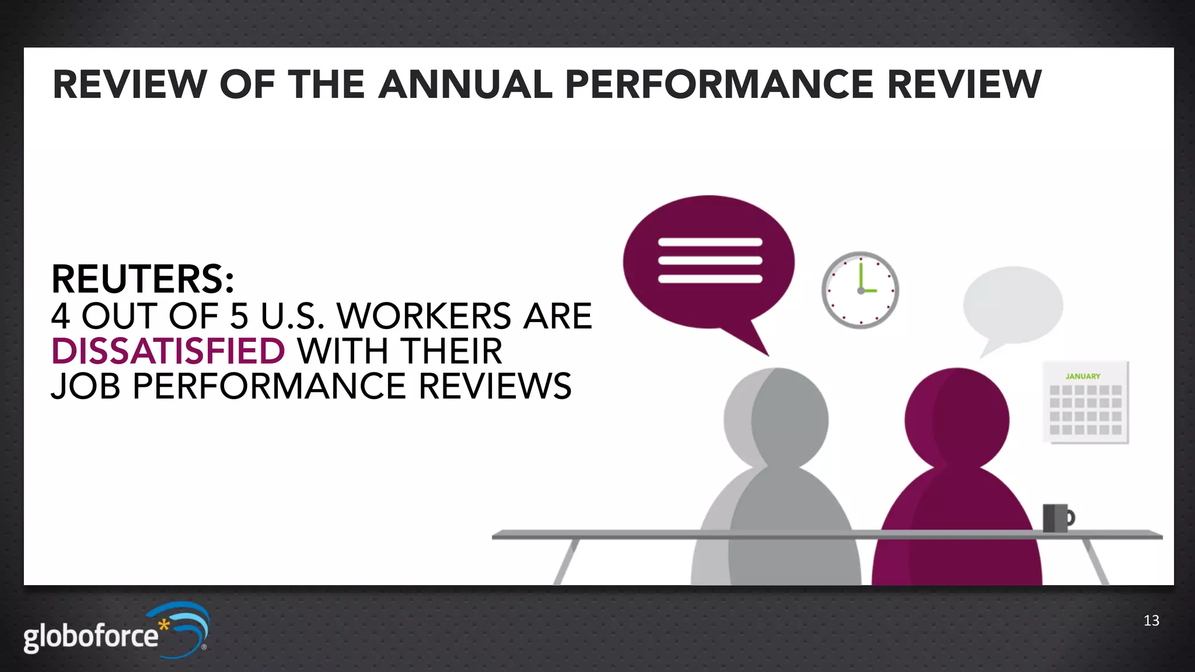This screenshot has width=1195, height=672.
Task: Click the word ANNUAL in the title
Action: coord(465,85)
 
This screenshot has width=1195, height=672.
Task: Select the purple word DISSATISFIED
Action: coord(168,351)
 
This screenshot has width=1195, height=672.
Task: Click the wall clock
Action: coord(860,290)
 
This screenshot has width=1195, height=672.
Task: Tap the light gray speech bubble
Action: coord(1013,304)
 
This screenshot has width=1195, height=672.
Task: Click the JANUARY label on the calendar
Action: coord(1082,376)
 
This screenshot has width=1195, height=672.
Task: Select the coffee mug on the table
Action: coord(1057,517)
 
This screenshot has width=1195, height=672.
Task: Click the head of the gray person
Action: coord(777,418)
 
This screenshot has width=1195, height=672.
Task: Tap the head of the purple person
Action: coord(957,418)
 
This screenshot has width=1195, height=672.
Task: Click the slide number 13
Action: coord(1151,621)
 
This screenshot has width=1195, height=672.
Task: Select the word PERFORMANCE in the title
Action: coord(719,85)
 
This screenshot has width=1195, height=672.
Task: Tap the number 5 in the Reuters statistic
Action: coord(239,316)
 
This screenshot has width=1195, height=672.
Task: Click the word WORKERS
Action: coord(425,316)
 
